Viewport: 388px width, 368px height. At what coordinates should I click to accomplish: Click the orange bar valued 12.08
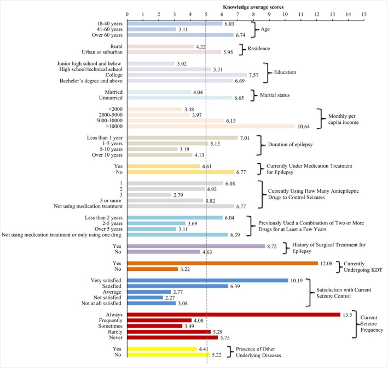pyautogui.click(x=222, y=263)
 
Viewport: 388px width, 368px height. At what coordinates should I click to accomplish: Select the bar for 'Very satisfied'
pyautogui.click(x=207, y=280)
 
